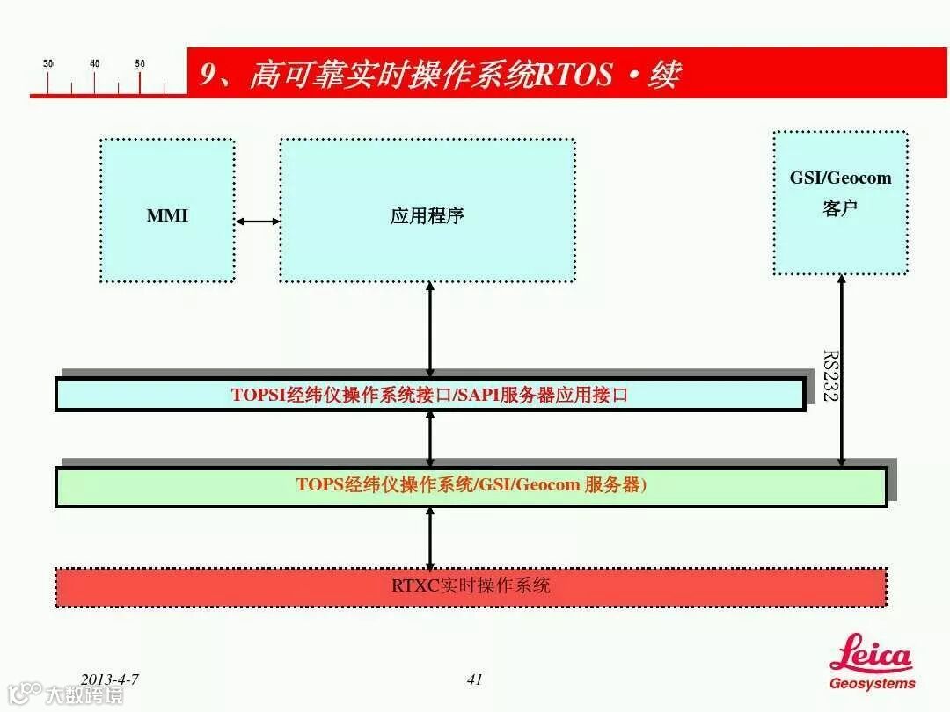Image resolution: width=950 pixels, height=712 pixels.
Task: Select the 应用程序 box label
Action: tap(427, 215)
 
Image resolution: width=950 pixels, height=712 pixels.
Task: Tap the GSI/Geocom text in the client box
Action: tap(840, 178)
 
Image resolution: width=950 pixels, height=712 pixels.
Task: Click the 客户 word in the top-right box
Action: tap(840, 209)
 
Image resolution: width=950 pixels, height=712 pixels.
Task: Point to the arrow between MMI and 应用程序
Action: tap(258, 222)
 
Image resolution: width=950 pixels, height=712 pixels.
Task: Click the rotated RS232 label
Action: tap(829, 375)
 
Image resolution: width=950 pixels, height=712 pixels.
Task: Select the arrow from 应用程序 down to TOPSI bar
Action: tap(430, 330)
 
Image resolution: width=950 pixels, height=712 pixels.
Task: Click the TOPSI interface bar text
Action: tap(429, 395)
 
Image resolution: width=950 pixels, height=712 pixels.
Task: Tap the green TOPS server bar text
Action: tap(471, 484)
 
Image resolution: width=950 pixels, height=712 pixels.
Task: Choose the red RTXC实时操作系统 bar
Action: tap(471, 585)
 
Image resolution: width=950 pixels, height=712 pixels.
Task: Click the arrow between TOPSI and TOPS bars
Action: tap(430, 439)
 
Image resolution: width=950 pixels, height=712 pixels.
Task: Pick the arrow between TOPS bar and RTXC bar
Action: tap(430, 538)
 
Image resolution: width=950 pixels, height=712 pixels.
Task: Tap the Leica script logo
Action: tap(871, 655)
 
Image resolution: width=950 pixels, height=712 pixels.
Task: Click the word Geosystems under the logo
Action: tap(872, 683)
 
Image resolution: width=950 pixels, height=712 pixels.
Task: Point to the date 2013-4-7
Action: tap(110, 679)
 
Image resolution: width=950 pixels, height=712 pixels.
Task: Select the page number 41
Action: tap(475, 679)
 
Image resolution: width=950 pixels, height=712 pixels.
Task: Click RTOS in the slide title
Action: tap(573, 75)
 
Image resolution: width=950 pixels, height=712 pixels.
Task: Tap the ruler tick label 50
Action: tap(140, 63)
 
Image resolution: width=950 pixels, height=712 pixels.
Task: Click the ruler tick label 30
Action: tap(47, 63)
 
